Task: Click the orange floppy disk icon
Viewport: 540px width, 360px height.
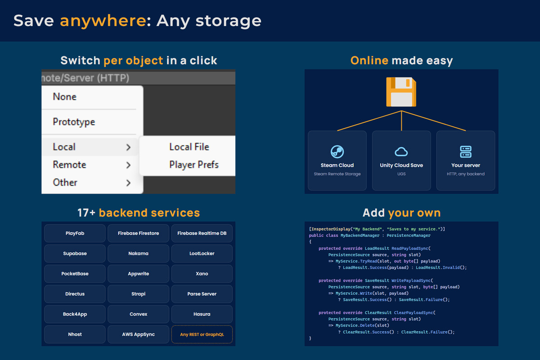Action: (401, 92)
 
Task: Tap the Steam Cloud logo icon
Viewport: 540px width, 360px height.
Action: (337, 152)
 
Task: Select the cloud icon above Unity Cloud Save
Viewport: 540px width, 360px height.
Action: (401, 152)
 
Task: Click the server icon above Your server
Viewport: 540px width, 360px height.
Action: (465, 152)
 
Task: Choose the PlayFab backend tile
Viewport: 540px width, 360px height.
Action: (75, 233)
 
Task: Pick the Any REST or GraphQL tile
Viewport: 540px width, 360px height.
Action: (202, 334)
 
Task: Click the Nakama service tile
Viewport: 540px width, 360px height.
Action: (139, 253)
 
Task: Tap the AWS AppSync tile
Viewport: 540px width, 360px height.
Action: (139, 334)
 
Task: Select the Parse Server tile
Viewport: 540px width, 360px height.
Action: (202, 294)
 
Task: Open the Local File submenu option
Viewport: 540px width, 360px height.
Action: (189, 147)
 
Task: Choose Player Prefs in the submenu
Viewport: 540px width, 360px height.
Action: (194, 165)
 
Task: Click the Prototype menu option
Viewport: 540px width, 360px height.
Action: (74, 122)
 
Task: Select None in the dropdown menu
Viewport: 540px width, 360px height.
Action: (65, 97)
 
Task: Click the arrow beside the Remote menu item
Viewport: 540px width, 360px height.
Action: (129, 165)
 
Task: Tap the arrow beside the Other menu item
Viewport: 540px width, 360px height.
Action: (129, 183)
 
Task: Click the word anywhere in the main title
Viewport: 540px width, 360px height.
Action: (103, 21)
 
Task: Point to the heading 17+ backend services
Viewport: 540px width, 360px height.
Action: (139, 213)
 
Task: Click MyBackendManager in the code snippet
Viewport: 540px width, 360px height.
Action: (360, 235)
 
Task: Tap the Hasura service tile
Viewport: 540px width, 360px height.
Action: (202, 314)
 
